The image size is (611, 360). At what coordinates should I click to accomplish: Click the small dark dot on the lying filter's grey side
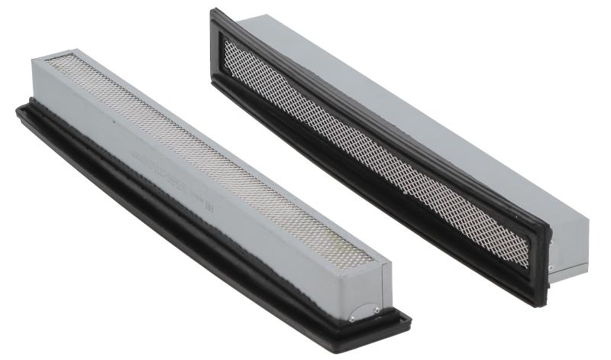111,120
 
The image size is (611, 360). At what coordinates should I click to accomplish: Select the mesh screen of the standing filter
374,145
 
